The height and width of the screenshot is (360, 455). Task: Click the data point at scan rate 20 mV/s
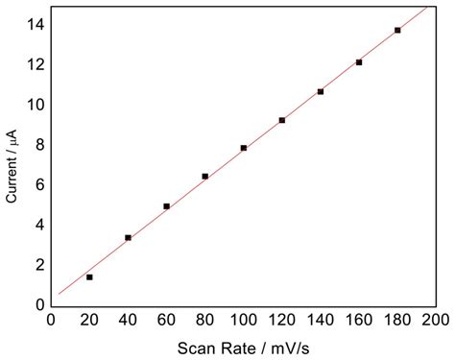click(x=89, y=276)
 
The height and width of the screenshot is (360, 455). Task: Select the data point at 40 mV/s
click(x=128, y=237)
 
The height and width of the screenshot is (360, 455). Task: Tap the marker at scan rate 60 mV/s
click(x=166, y=205)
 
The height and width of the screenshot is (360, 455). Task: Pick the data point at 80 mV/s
click(x=204, y=176)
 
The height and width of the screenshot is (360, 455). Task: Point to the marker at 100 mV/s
click(x=243, y=148)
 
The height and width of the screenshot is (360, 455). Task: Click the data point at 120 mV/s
click(x=281, y=120)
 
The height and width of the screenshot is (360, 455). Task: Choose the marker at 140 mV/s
click(x=320, y=91)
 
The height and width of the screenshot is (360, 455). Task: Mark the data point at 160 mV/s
click(x=358, y=61)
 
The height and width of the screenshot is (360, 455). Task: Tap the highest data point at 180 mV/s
click(x=397, y=30)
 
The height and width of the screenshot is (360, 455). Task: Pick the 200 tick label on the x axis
click(x=435, y=319)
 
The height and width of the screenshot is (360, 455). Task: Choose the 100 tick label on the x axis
click(x=243, y=319)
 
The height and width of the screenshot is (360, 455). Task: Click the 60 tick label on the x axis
click(x=166, y=319)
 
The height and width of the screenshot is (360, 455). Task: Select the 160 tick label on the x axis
click(x=358, y=319)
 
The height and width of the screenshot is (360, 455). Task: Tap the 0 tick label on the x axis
click(x=51, y=319)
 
